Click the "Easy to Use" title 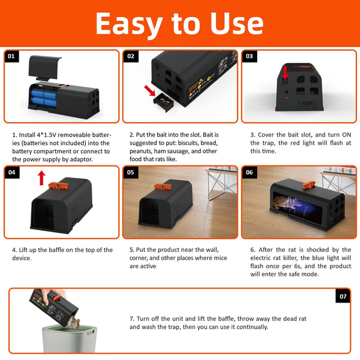pyautogui.click(x=179, y=23)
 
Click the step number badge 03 pyautogui.click(x=250, y=57)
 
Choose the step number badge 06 pyautogui.click(x=250, y=172)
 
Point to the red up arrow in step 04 pyautogui.click(x=41, y=178)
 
